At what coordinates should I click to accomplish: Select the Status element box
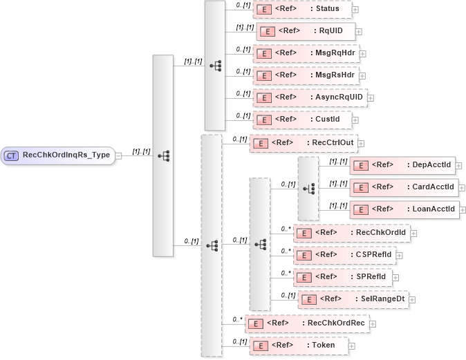click(302, 10)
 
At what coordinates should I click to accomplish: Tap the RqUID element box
click(306, 32)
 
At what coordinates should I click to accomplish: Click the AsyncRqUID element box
click(309, 97)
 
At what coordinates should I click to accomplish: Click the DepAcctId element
click(402, 165)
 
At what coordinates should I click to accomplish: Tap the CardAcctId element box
click(402, 187)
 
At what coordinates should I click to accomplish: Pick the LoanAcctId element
click(404, 209)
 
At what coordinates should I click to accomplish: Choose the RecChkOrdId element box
click(351, 233)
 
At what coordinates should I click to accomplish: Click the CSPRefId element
click(344, 255)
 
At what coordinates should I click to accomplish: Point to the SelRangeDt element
click(353, 299)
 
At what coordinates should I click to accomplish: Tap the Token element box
click(298, 345)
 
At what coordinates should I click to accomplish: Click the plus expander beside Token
click(353, 345)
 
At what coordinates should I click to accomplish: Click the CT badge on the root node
click(12, 155)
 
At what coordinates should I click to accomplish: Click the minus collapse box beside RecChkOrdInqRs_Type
click(119, 155)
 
